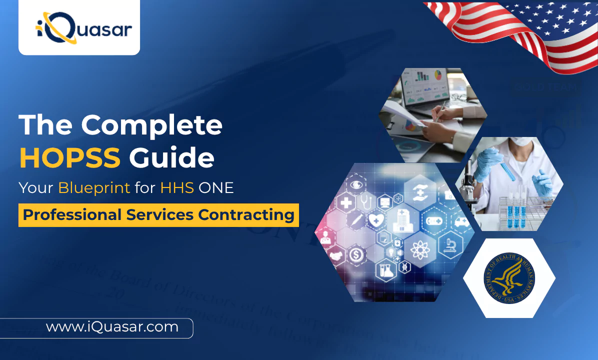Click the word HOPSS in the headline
pyautogui.click(x=70, y=157)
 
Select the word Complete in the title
pyautogui.click(x=152, y=124)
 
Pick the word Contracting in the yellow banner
pyautogui.click(x=246, y=215)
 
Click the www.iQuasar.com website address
pyautogui.click(x=112, y=327)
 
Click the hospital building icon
pyautogui.click(x=402, y=220)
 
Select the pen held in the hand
pyautogui.click(x=440, y=111)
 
